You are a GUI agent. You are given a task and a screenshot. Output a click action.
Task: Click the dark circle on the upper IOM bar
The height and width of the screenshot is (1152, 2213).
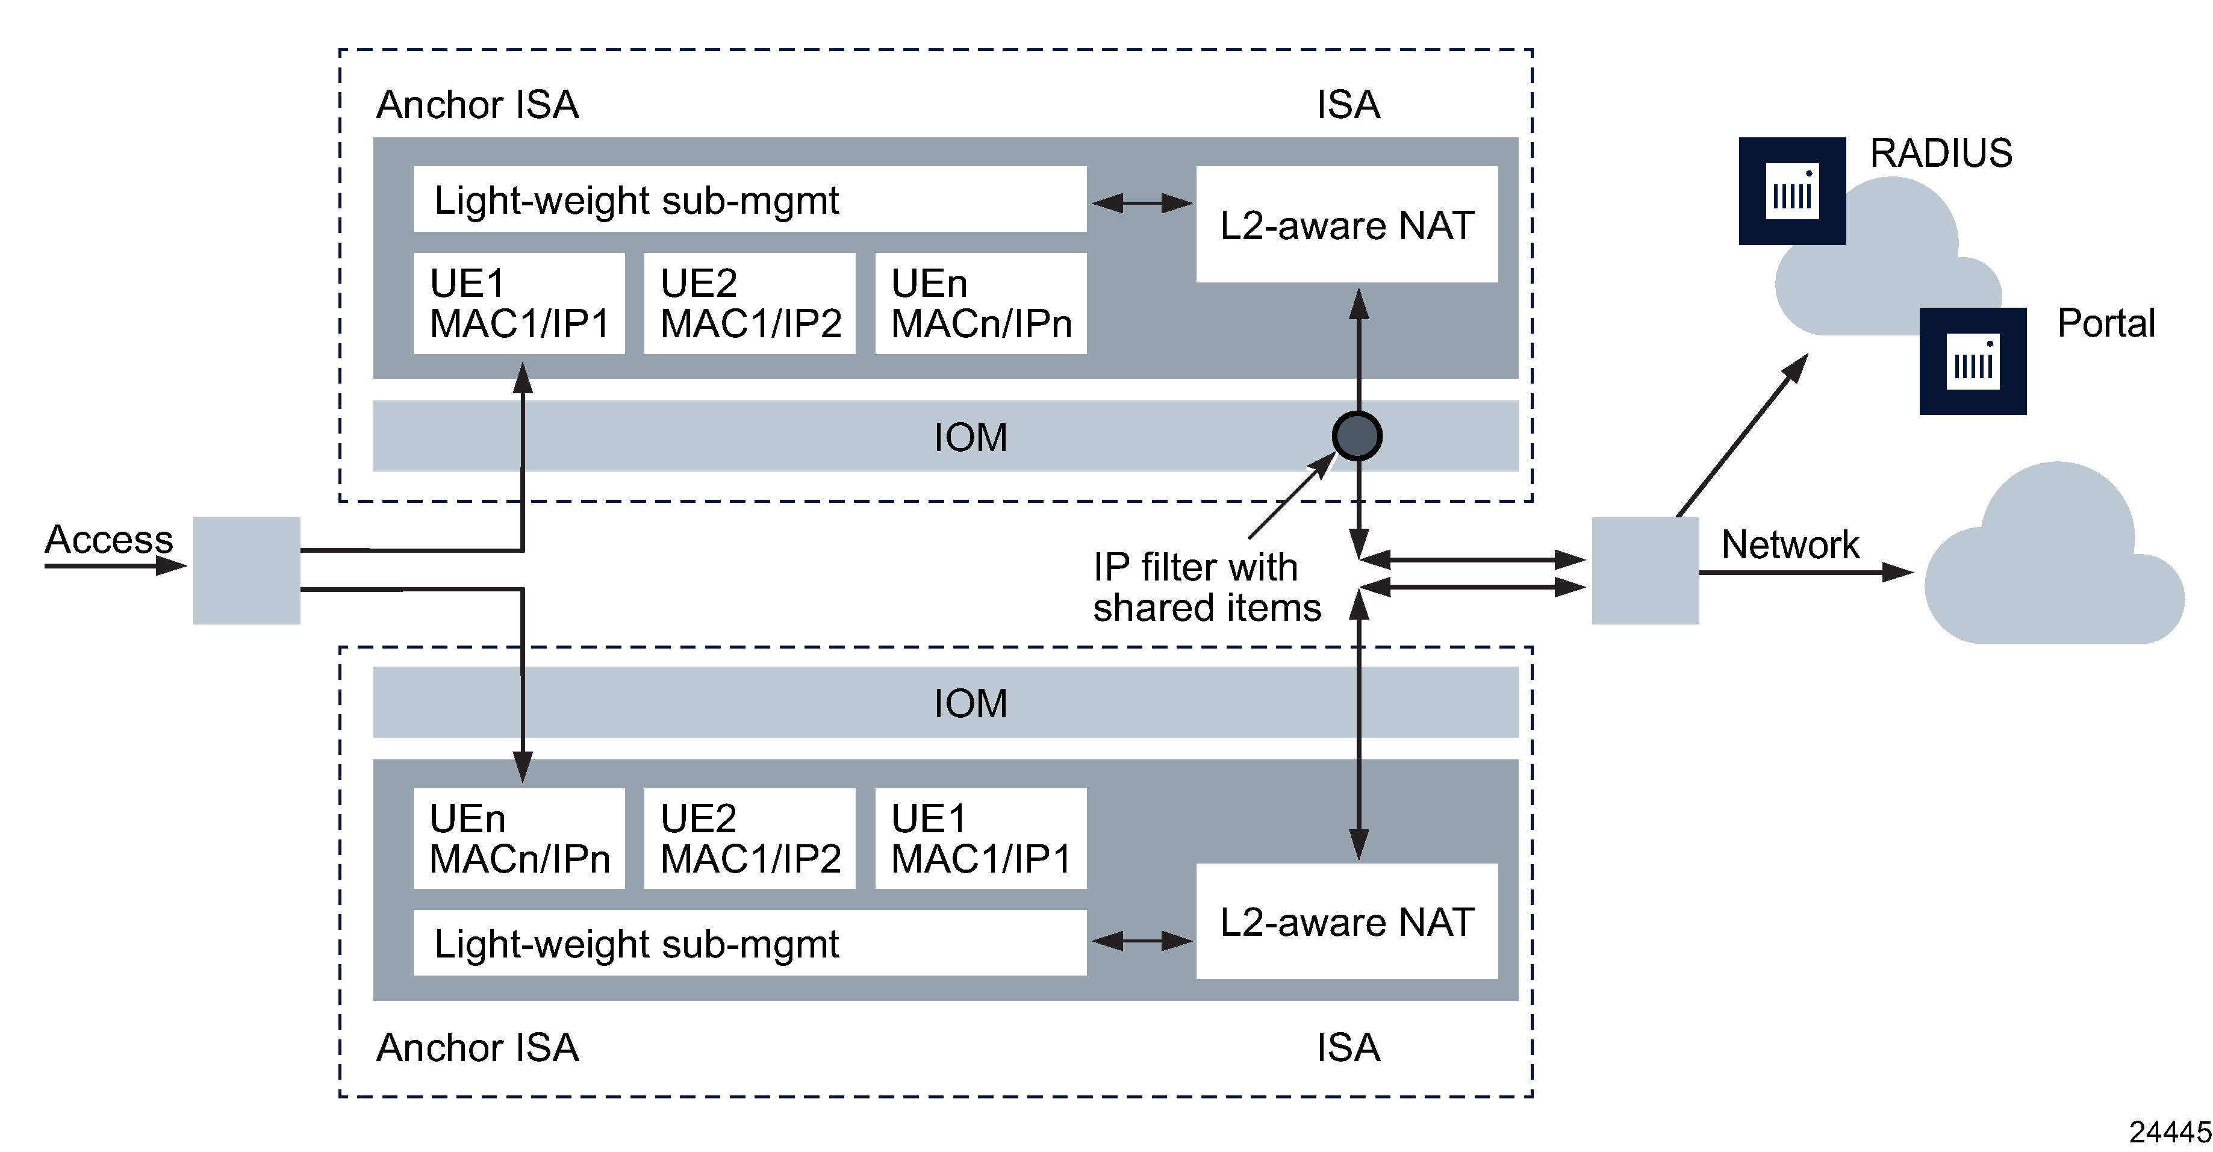coord(1357,437)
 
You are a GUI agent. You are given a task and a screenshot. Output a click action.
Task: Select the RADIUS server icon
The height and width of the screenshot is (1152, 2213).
coord(1792,191)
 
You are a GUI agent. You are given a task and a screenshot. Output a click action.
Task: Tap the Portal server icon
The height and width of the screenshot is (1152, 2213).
coord(1973,361)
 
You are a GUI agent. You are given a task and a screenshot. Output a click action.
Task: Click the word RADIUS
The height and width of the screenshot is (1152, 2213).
coord(1941,154)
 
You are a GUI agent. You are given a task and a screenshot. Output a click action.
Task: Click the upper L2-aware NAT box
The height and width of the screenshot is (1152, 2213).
coord(1346,224)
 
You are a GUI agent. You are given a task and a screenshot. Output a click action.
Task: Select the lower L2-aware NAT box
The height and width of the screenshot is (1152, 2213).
coord(1346,921)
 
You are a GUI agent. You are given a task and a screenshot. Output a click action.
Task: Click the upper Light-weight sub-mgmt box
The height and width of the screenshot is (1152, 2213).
coord(749,199)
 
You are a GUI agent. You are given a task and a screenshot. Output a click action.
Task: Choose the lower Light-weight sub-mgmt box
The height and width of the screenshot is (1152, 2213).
coord(749,942)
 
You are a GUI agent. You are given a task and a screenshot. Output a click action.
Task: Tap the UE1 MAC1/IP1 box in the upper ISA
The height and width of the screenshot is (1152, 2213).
coord(519,304)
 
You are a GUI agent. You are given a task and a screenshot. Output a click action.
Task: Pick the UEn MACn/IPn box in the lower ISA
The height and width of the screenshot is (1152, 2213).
coord(519,838)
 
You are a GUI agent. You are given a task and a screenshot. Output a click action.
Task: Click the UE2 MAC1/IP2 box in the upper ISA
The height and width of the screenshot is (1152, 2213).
coord(749,304)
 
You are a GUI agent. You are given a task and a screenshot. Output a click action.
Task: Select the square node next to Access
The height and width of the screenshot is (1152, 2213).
coord(246,570)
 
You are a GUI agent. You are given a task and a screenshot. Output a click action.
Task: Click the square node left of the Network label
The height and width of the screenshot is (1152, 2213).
coord(1645,570)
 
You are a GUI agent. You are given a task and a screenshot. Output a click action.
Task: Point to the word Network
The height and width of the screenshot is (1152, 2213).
coord(1790,544)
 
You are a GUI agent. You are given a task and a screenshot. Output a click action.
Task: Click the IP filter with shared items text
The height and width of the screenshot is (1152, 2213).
coord(1206,588)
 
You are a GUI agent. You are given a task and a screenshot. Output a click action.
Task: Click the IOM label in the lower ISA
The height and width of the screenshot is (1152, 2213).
coord(970,703)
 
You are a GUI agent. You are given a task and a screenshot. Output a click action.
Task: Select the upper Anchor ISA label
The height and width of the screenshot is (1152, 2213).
coord(478,105)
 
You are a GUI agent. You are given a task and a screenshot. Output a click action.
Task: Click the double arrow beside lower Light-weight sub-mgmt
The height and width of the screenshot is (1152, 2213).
coord(1142,941)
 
